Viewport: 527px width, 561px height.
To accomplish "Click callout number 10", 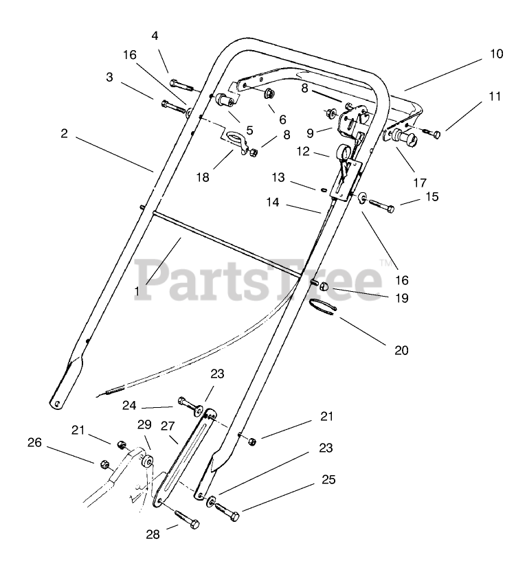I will pos(496,54).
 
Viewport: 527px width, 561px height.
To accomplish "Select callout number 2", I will pos(64,134).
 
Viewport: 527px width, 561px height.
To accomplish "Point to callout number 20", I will pos(401,350).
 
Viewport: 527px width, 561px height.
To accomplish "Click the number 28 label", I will pos(153,534).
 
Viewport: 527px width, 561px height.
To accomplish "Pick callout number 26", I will pos(35,443).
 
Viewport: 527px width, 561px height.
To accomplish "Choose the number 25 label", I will pos(328,480).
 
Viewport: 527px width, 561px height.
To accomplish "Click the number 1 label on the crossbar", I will pos(137,291).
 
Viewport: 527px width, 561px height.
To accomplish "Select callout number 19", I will pos(401,298).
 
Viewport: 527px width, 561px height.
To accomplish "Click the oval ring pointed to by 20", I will pos(322,306).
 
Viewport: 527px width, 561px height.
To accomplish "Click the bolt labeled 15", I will pos(380,205).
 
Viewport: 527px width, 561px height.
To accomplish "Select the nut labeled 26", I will pos(105,464).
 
